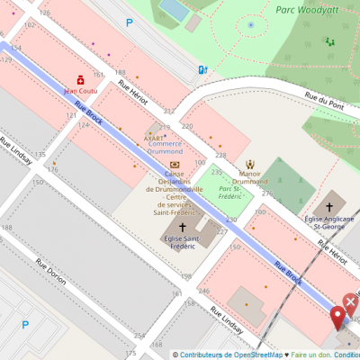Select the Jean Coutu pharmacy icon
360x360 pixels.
tap(80, 79)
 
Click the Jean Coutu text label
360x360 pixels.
tap(80, 90)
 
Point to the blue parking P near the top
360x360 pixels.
tap(129, 22)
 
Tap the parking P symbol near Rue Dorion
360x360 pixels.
tap(25, 325)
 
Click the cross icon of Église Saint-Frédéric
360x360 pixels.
tap(183, 227)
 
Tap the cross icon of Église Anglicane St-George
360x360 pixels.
tap(328, 207)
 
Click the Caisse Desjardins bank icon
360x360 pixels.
tap(174, 164)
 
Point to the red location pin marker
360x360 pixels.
tap(338, 317)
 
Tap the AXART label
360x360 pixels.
tap(154, 138)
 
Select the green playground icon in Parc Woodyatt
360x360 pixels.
tap(328, 40)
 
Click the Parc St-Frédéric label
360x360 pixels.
tap(229, 189)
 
